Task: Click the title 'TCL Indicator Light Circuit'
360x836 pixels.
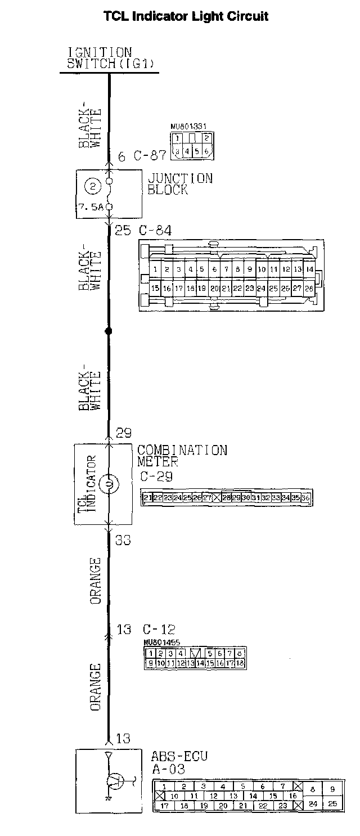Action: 186,16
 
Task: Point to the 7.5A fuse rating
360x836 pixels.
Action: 92,206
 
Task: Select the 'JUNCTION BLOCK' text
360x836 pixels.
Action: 179,184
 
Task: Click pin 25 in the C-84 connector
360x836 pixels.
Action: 273,288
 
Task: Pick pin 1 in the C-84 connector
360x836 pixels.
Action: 155,269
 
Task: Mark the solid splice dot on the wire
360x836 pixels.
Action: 109,331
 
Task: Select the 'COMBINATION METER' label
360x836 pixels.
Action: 182,456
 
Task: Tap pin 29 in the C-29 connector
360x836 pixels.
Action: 236,498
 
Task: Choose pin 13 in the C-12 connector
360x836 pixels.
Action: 190,664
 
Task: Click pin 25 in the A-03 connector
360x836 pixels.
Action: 332,803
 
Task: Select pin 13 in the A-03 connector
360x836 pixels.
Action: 233,796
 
